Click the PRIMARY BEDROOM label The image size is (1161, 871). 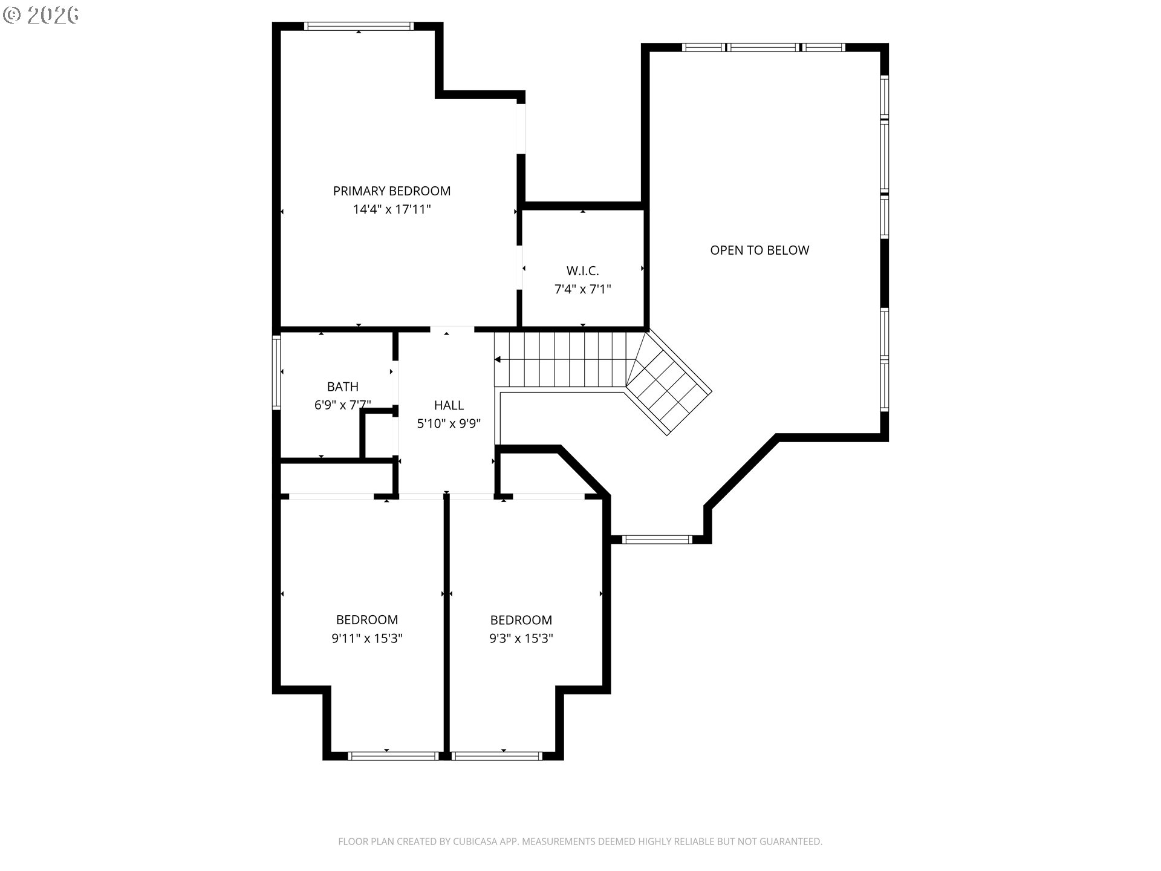pyautogui.click(x=392, y=191)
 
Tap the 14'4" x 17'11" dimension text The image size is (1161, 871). pyautogui.click(x=392, y=210)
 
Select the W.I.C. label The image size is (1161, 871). pyautogui.click(x=582, y=271)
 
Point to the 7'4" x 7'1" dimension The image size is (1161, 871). pyautogui.click(x=582, y=290)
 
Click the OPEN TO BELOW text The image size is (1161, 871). pyautogui.click(x=759, y=250)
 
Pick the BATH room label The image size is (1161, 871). pyautogui.click(x=342, y=387)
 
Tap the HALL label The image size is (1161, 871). pyautogui.click(x=449, y=405)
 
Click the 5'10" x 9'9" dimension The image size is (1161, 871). pyautogui.click(x=449, y=424)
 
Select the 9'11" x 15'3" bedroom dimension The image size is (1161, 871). pyautogui.click(x=367, y=639)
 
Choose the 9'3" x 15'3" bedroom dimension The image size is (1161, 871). pyautogui.click(x=521, y=639)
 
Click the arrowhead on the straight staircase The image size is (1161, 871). pyautogui.click(x=498, y=360)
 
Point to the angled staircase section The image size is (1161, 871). pyautogui.click(x=668, y=383)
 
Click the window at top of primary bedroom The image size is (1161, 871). pyautogui.click(x=359, y=26)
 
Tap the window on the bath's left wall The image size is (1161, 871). pyautogui.click(x=277, y=372)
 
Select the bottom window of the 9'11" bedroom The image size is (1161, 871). pyautogui.click(x=393, y=755)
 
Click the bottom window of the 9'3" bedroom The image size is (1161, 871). pyautogui.click(x=497, y=755)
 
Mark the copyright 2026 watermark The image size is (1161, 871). pyautogui.click(x=41, y=15)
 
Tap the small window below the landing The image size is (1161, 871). pyautogui.click(x=657, y=539)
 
